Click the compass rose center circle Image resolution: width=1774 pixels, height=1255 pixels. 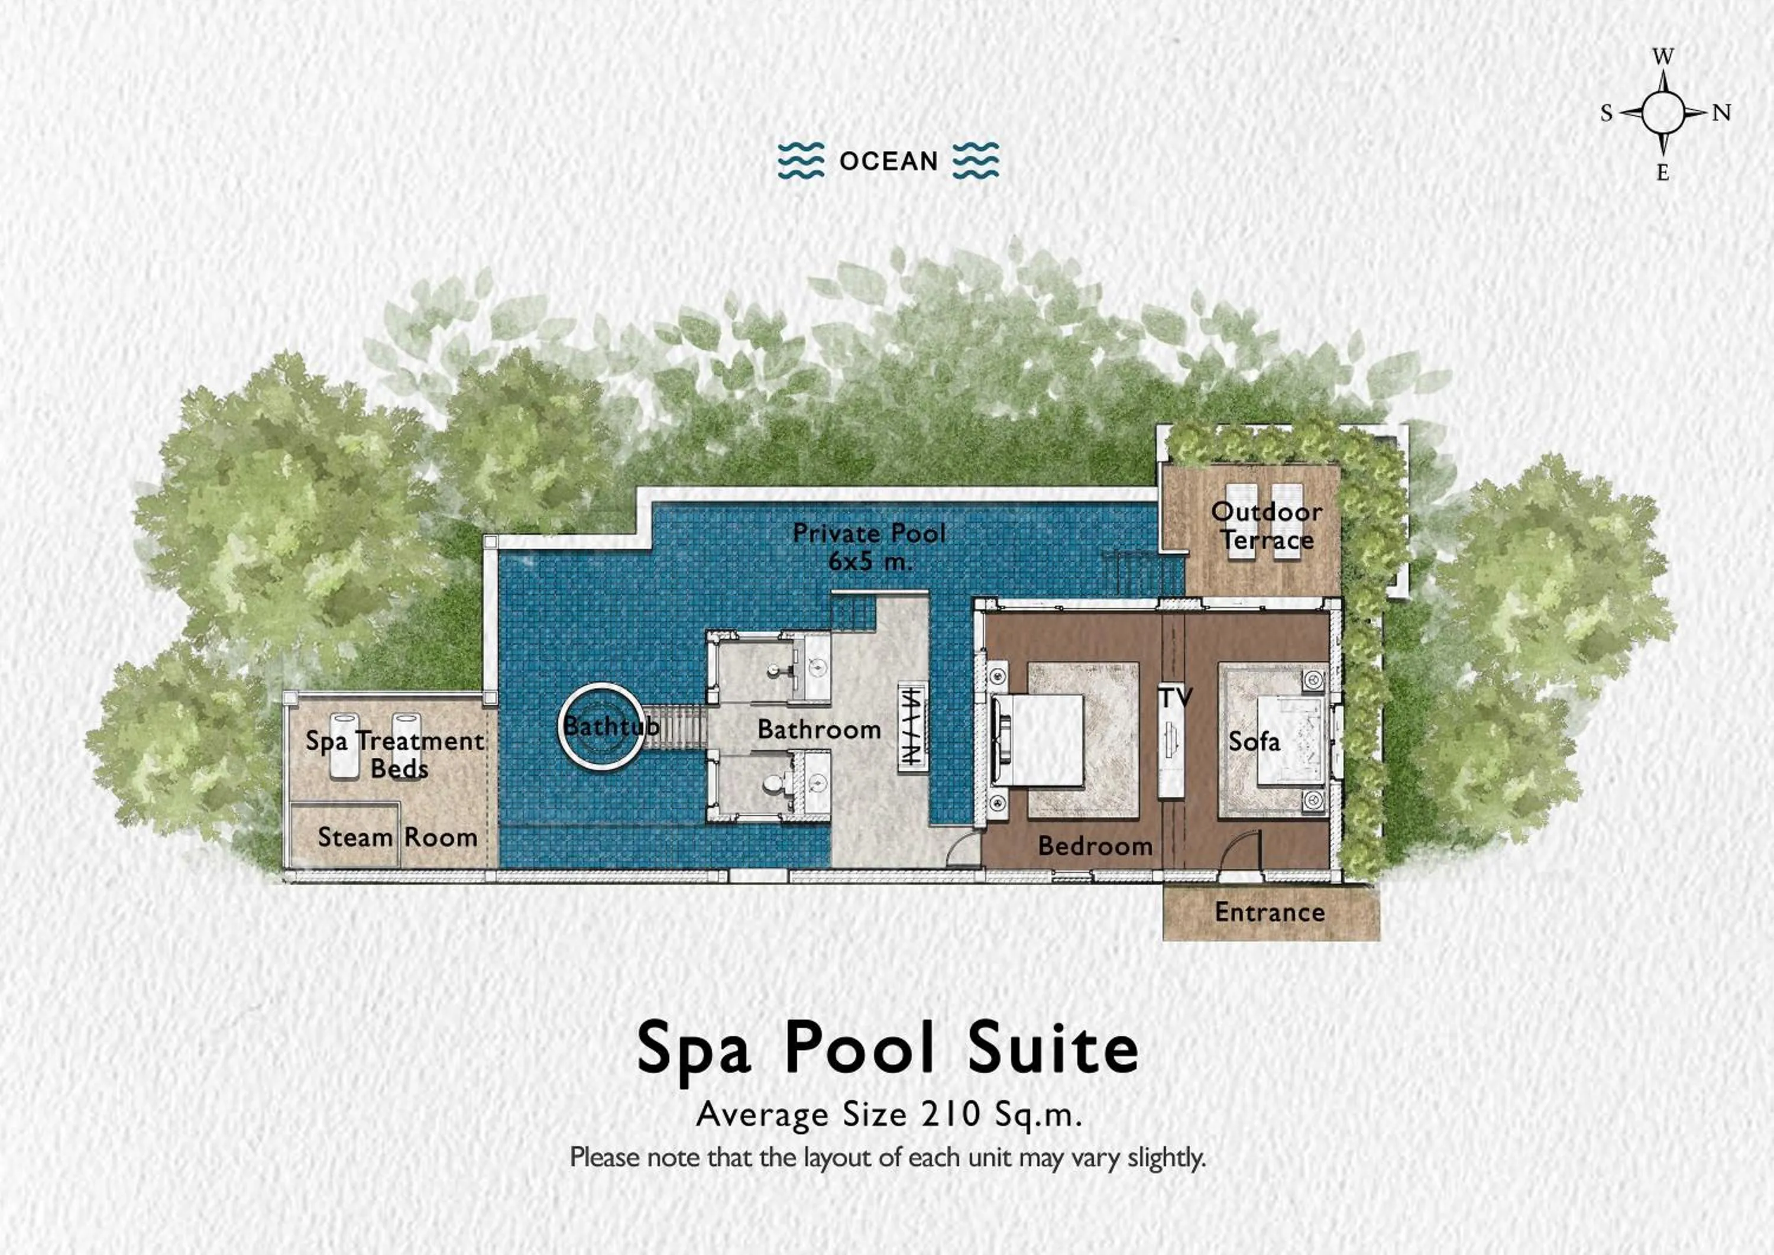coord(1662,113)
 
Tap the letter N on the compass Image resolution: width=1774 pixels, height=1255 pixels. coord(1721,114)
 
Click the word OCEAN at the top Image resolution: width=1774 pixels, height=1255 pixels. coord(889,161)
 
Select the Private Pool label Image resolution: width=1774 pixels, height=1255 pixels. coord(869,533)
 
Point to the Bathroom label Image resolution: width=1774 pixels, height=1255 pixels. coord(819,729)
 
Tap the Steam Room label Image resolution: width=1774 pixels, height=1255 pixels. coord(397,837)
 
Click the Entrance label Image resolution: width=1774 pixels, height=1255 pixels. coord(1270,913)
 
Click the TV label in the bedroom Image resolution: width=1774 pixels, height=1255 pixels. coord(1175,698)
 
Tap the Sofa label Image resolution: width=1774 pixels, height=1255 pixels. coord(1254,742)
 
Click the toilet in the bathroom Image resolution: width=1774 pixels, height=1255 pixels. coord(773,784)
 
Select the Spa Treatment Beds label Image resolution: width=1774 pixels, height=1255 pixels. coord(395,754)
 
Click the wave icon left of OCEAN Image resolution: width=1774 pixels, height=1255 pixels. coord(801,161)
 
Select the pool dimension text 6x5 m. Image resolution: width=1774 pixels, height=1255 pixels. coord(870,561)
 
